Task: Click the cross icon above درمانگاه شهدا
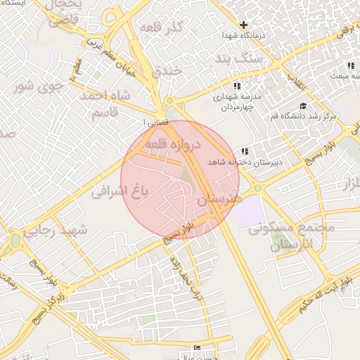click(243, 25)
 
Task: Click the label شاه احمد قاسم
click(106, 103)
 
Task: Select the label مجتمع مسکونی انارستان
click(291, 237)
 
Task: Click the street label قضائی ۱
click(153, 122)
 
